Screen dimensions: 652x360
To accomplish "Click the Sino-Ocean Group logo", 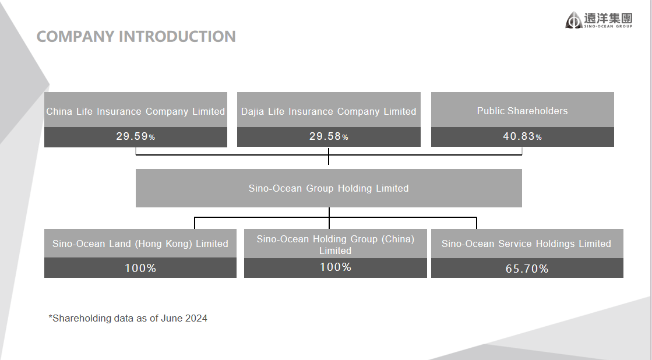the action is point(599,20).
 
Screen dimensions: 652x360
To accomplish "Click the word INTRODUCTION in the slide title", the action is point(177,37).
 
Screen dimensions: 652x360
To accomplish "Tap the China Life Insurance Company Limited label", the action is point(136,111).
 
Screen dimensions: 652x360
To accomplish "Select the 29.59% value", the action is point(136,136).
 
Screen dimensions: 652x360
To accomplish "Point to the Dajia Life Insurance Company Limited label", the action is point(329,111).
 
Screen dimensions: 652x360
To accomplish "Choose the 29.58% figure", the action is point(329,136).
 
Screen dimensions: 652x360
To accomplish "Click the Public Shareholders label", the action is point(522,111).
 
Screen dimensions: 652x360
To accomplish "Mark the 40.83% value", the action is point(522,136).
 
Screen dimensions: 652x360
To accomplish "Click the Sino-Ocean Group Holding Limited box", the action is point(329,188).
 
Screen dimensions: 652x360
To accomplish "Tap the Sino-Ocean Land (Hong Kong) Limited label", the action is point(140,243).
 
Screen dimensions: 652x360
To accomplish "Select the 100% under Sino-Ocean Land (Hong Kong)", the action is point(140,268).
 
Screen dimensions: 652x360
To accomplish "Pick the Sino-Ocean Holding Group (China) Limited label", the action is point(335,245).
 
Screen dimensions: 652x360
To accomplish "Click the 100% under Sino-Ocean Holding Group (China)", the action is point(335,267).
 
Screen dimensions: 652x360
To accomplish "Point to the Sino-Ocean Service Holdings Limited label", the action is point(526,243).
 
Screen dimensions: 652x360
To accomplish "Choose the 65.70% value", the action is point(527,269).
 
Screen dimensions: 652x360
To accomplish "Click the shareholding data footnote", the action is point(128,319).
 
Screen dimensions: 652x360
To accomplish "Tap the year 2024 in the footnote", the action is point(196,318).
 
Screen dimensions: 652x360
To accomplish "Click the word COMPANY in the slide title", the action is point(75,37).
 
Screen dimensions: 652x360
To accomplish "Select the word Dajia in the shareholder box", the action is point(252,111).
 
